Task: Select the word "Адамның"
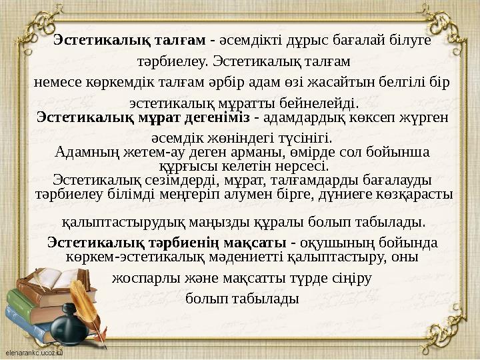(78, 152)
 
